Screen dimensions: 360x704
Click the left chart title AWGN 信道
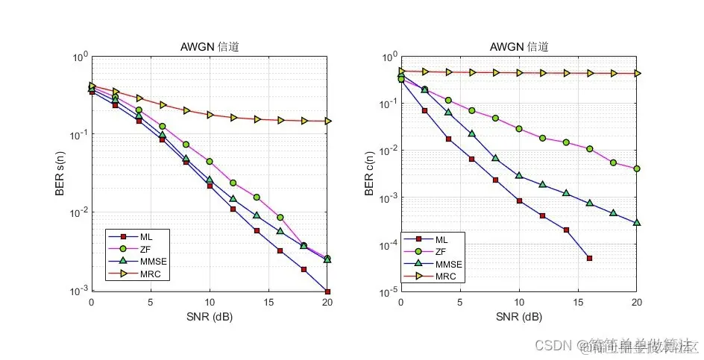210,47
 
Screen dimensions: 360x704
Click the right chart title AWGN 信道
519,47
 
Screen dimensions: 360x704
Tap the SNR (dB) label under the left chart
210,317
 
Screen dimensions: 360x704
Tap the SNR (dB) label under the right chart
519,317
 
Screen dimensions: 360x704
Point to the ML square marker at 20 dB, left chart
327,291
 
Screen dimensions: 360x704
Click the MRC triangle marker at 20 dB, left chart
327,121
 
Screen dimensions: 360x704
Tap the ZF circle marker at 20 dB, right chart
637,169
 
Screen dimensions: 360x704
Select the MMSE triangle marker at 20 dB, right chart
637,222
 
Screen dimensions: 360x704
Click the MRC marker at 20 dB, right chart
637,73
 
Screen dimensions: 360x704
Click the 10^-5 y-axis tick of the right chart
388,292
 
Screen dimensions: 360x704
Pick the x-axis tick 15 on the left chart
268,303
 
